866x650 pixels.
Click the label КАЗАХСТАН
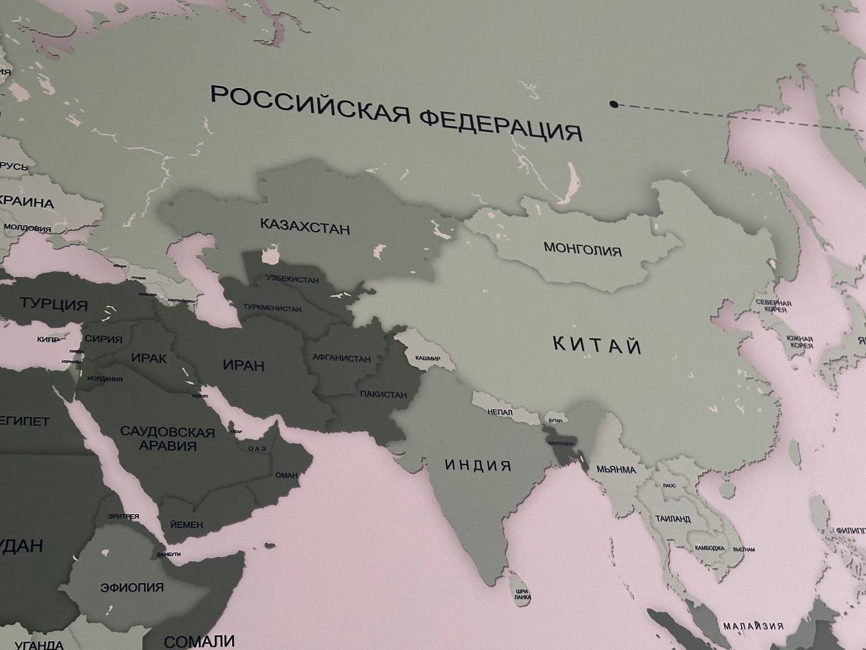pyautogui.click(x=305, y=225)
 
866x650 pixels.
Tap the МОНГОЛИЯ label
pyautogui.click(x=582, y=248)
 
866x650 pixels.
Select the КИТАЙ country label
pyautogui.click(x=597, y=345)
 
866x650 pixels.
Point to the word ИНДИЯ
pyautogui.click(x=478, y=465)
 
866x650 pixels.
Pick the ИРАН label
pyautogui.click(x=244, y=366)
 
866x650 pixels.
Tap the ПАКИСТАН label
pyautogui.click(x=384, y=394)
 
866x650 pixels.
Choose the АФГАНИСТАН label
pyautogui.click(x=342, y=357)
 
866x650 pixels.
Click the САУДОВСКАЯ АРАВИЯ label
pyautogui.click(x=168, y=439)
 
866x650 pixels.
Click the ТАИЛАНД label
pyautogui.click(x=673, y=519)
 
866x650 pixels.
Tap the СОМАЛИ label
pyautogui.click(x=200, y=641)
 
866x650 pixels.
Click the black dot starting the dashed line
pyautogui.click(x=613, y=104)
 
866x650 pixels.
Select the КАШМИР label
pyautogui.click(x=428, y=357)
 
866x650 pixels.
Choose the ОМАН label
pyautogui.click(x=286, y=475)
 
